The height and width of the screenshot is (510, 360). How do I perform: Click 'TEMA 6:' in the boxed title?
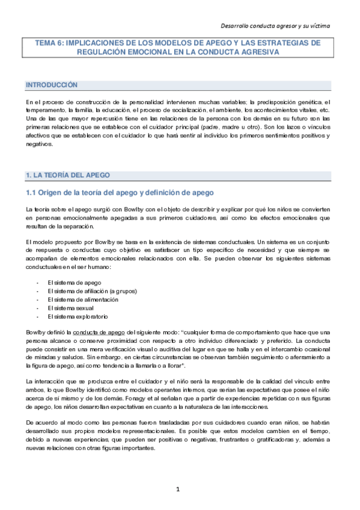pyautogui.click(x=51, y=43)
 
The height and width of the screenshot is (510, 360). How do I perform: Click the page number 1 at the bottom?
pyautogui.click(x=178, y=488)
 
